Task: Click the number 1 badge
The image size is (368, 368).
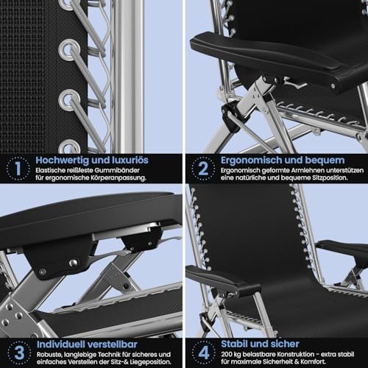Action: [x=18, y=169]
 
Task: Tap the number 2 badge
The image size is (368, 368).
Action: [x=203, y=169]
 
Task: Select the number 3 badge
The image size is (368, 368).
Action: [x=19, y=353]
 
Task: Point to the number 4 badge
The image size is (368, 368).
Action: [x=204, y=353]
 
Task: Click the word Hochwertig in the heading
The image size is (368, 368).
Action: [x=63, y=160]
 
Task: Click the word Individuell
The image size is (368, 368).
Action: [x=61, y=344]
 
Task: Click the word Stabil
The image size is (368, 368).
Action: [x=236, y=344]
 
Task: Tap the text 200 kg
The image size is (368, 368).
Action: [x=231, y=354]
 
